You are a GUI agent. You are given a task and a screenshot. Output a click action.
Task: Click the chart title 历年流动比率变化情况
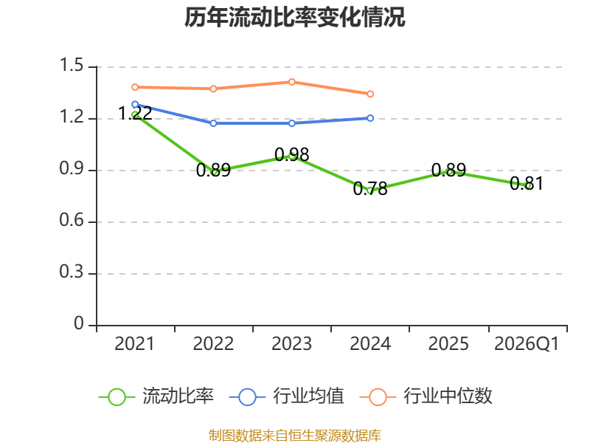pyautogui.click(x=294, y=17)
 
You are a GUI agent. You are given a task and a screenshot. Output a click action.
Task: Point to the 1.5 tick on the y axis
pyautogui.click(x=72, y=65)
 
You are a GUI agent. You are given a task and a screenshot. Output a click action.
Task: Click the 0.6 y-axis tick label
pyautogui.click(x=72, y=220)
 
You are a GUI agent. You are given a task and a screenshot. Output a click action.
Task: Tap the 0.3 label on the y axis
pyautogui.click(x=72, y=272)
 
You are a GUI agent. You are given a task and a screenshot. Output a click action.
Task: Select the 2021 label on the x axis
pyautogui.click(x=135, y=343)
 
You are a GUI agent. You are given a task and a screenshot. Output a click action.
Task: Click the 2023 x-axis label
pyautogui.click(x=291, y=343)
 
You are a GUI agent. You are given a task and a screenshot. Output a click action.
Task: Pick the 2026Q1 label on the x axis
pyautogui.click(x=527, y=343)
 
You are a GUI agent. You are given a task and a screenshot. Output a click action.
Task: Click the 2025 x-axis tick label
pyautogui.click(x=448, y=343)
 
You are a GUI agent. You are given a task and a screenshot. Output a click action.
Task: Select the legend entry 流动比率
pyautogui.click(x=156, y=396)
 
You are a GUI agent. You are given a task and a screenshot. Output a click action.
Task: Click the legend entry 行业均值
pyautogui.click(x=287, y=396)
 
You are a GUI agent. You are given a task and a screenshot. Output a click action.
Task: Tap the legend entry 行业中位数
pyautogui.click(x=426, y=396)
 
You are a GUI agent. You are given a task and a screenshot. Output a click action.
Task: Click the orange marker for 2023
pyautogui.click(x=292, y=82)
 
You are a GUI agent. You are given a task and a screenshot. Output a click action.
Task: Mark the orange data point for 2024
pyautogui.click(x=370, y=94)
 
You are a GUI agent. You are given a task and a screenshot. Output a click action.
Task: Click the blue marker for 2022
pyautogui.click(x=213, y=123)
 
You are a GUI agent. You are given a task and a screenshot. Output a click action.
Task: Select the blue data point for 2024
pyautogui.click(x=370, y=118)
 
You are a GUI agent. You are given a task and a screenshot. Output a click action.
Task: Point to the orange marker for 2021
pyautogui.click(x=135, y=87)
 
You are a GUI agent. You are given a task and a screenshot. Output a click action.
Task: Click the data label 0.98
pyautogui.click(x=292, y=154)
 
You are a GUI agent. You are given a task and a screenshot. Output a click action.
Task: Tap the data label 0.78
pyautogui.click(x=370, y=188)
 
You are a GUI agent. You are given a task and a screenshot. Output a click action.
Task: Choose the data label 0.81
pyautogui.click(x=527, y=183)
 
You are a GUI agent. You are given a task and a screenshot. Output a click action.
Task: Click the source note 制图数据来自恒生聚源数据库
pyautogui.click(x=295, y=436)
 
